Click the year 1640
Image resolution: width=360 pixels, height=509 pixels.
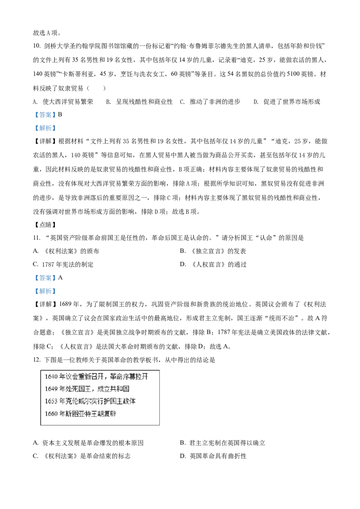51,376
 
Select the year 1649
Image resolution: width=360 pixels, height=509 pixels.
51,388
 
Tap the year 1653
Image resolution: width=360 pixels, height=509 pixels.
51,401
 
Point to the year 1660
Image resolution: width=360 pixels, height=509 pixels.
51,414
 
